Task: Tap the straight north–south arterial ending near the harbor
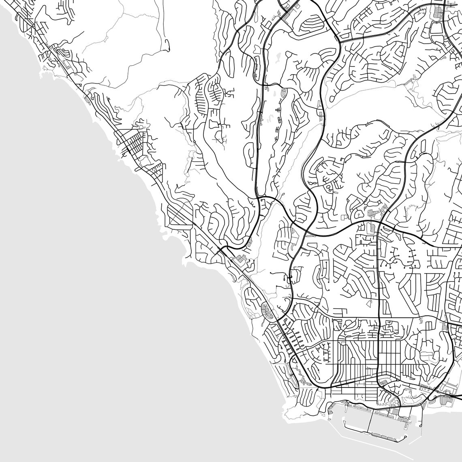[378, 304]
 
